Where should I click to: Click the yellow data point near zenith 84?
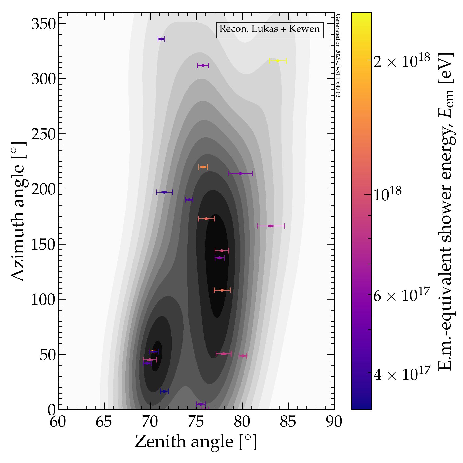click(x=278, y=61)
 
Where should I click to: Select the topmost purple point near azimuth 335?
click(x=161, y=39)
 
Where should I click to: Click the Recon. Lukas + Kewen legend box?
click(x=270, y=29)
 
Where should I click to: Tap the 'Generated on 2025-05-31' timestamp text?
click(x=338, y=56)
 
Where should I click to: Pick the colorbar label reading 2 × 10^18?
click(x=401, y=62)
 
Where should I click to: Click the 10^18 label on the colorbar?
click(x=387, y=195)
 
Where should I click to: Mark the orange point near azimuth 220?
click(x=203, y=167)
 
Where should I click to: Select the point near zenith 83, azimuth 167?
click(x=270, y=226)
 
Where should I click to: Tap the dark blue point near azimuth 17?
click(x=164, y=391)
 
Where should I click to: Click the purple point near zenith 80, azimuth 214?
click(x=240, y=173)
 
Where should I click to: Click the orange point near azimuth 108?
click(x=222, y=290)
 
